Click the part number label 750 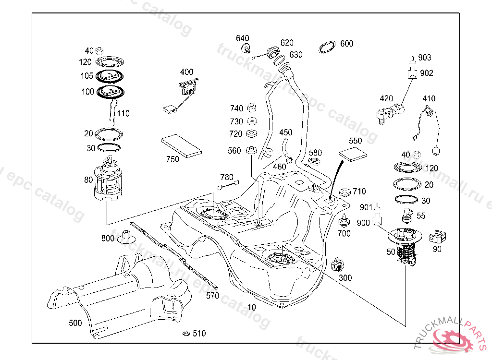(x=172, y=159)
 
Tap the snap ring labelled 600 (x=328, y=47)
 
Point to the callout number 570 (x=212, y=296)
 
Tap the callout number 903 (x=425, y=58)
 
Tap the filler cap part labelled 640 (x=246, y=48)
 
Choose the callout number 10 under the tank (x=251, y=307)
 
